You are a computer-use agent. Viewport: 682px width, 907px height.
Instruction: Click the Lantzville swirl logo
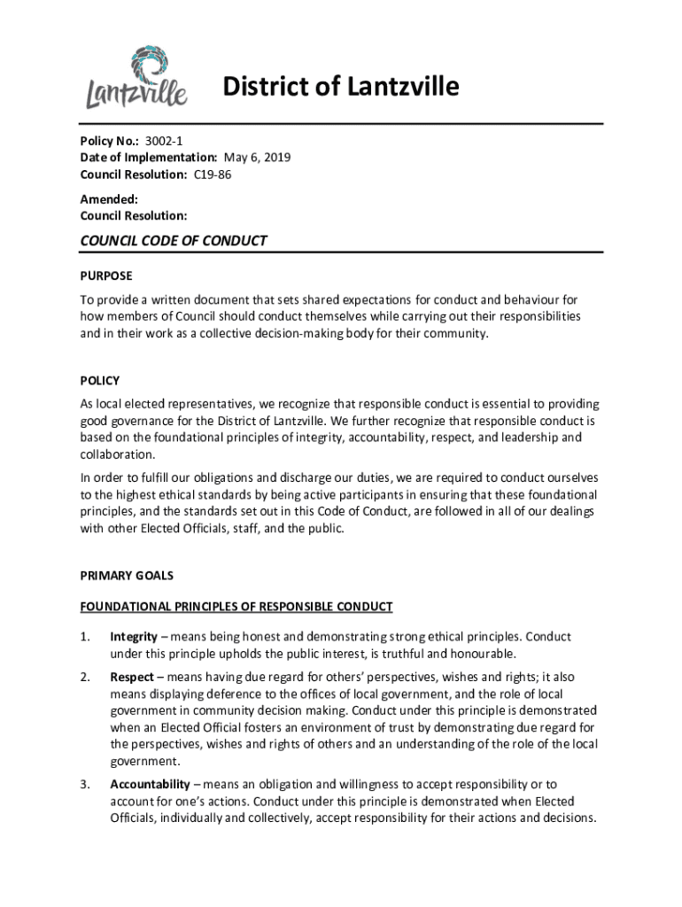click(137, 76)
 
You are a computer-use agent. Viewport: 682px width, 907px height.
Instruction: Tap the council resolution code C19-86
click(213, 174)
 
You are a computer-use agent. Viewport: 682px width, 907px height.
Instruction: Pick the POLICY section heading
click(100, 381)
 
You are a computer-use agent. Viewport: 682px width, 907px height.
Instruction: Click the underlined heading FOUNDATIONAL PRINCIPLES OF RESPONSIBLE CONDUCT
click(236, 607)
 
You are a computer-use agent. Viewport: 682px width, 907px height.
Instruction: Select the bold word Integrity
click(134, 637)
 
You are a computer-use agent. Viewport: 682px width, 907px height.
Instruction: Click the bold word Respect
click(132, 678)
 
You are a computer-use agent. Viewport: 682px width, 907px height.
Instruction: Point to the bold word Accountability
click(150, 784)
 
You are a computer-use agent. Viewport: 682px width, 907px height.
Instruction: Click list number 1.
click(85, 637)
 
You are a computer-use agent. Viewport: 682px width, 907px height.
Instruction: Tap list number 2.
click(85, 678)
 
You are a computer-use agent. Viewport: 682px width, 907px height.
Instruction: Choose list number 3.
click(85, 784)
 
